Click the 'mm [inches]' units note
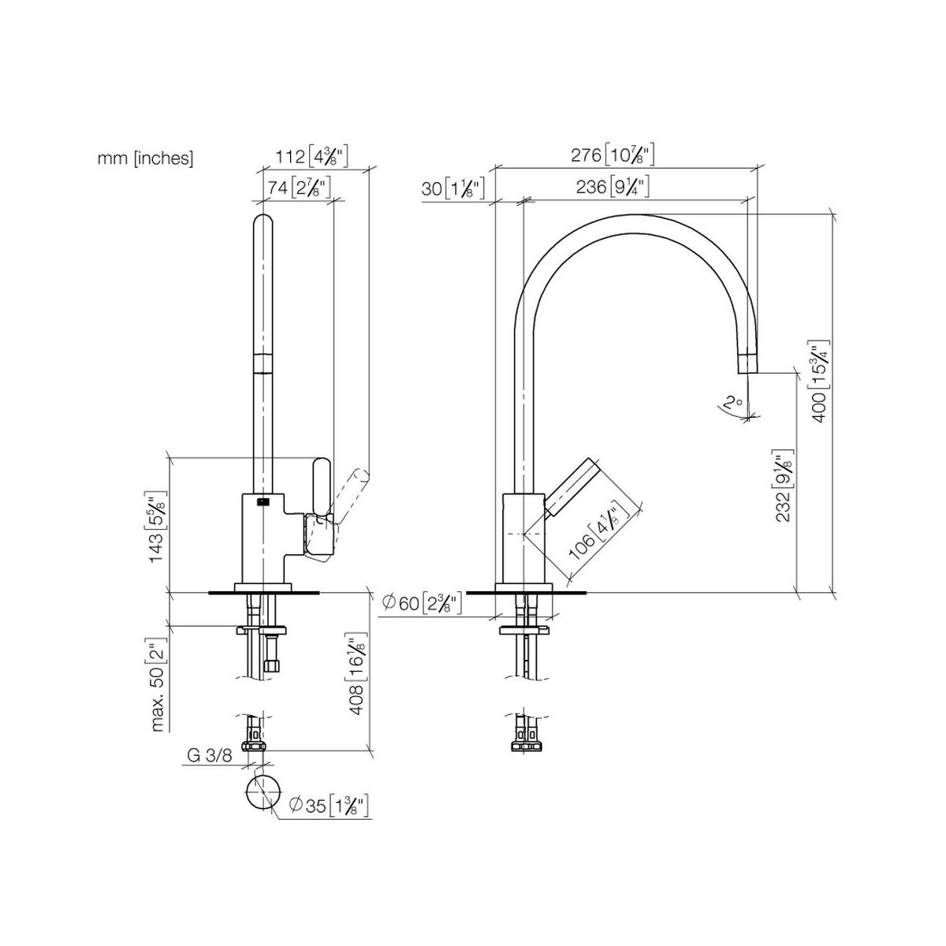(x=145, y=158)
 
